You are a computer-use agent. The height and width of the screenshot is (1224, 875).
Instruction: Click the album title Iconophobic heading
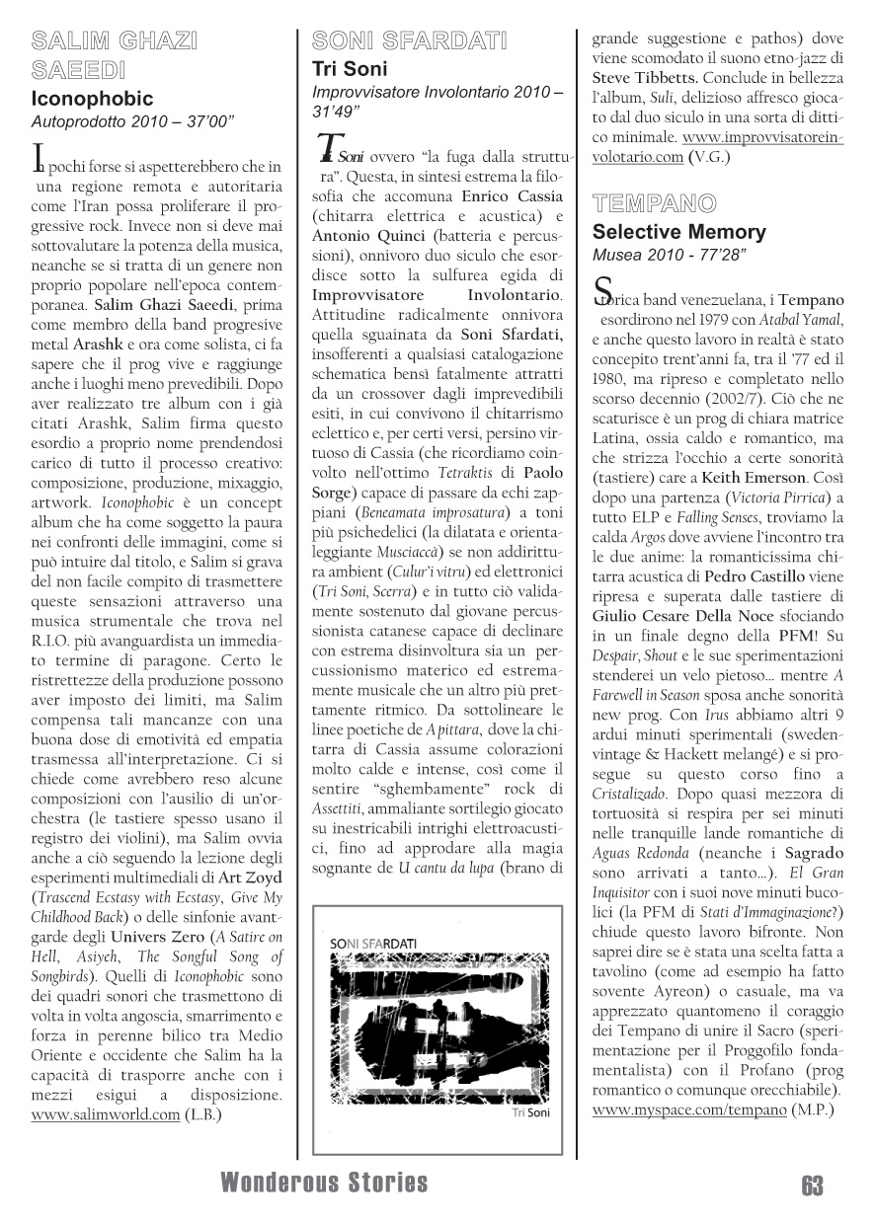92,99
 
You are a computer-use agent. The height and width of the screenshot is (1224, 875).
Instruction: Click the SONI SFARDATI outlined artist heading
409,40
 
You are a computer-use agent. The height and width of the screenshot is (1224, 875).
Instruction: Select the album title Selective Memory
678,233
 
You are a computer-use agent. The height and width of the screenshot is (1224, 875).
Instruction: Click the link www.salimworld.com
106,1114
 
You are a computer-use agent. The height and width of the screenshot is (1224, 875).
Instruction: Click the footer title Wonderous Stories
325,1183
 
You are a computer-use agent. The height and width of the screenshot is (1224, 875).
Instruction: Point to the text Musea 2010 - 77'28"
669,256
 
